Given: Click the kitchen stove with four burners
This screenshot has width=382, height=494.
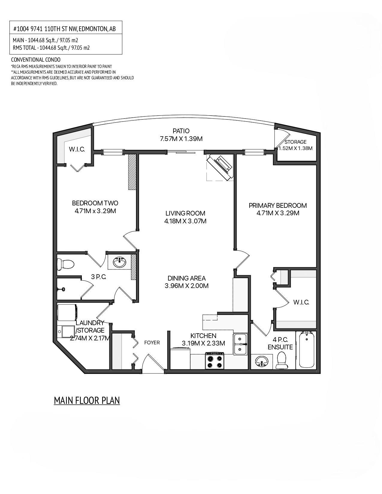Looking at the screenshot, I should click(x=215, y=361).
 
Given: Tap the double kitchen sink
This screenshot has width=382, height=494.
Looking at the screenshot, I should click(x=241, y=344).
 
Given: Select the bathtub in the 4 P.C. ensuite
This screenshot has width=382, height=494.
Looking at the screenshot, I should click(x=306, y=350).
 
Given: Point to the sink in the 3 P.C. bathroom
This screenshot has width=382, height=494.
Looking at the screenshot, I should click(x=120, y=263).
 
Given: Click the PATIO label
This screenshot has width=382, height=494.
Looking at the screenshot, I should click(x=181, y=131).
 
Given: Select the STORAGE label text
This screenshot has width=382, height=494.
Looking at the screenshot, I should click(x=295, y=142).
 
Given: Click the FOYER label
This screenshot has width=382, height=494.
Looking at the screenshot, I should click(x=152, y=343).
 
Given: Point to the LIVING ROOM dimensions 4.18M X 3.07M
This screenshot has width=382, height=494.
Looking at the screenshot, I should click(x=185, y=221).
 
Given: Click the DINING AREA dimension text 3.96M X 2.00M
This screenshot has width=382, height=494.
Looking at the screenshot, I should click(x=186, y=286).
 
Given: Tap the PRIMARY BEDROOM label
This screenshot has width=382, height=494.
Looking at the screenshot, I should click(x=278, y=205).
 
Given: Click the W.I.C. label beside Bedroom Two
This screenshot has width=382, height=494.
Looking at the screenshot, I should click(x=77, y=149).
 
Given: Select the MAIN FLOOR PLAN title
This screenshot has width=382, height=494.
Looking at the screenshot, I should click(x=87, y=401).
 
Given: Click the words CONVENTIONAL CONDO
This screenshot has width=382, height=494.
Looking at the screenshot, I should click(x=36, y=60).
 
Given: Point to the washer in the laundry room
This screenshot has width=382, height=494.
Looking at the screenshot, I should click(x=68, y=313).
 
